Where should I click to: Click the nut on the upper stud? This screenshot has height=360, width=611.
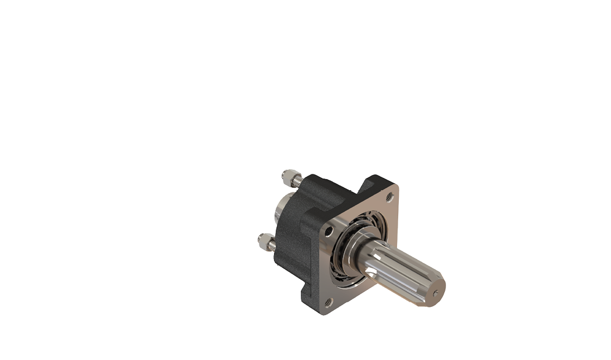pos(289,174)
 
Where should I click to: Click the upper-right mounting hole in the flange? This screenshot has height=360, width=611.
pos(389,197)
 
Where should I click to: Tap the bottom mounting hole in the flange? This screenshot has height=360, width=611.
pos(328,302)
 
